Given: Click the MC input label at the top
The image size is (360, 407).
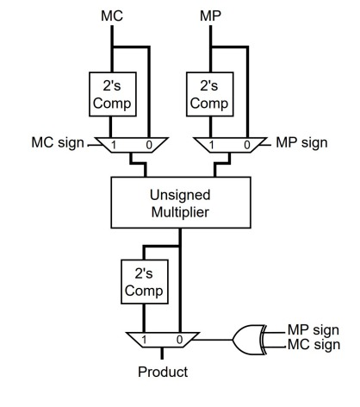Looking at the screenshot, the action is [x=112, y=16].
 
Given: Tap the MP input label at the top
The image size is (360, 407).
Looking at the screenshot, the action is [x=210, y=16].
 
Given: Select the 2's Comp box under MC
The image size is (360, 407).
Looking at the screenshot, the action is [x=113, y=94].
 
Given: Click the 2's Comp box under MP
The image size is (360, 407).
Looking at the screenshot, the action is [x=209, y=94].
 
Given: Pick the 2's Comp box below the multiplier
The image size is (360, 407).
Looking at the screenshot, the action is [x=145, y=282].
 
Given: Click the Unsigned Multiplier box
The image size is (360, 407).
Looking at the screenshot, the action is [x=181, y=203].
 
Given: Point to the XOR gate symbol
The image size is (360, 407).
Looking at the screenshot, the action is [x=249, y=340].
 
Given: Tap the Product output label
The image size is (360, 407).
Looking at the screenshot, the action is [x=163, y=372].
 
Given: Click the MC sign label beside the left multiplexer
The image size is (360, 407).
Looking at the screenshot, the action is [x=58, y=143].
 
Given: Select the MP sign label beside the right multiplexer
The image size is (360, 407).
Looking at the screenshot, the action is [x=301, y=143].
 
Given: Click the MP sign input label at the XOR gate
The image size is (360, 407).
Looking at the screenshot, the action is [x=313, y=330].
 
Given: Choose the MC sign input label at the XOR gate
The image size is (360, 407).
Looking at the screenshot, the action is [x=313, y=345].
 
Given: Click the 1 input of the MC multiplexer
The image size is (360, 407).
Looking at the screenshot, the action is [x=114, y=145].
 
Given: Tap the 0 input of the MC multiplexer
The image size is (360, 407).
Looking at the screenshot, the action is [x=149, y=145].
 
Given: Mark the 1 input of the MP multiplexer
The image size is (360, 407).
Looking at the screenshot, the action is [x=212, y=145].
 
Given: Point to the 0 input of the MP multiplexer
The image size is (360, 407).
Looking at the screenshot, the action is [x=247, y=145].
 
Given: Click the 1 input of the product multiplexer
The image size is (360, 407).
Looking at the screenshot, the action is [x=144, y=340].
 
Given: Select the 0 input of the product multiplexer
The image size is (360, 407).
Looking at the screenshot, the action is [x=179, y=340].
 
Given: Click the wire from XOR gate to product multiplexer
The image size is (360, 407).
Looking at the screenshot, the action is [x=213, y=340].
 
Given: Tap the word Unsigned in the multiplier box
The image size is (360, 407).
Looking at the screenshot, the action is [x=180, y=195].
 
